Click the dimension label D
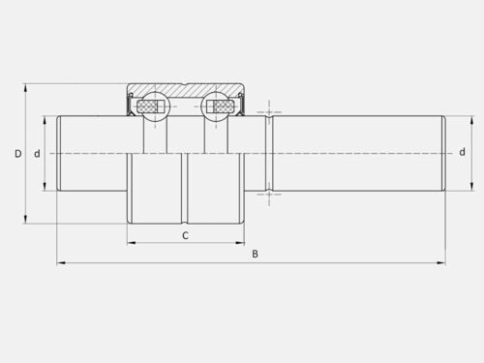click(x=18, y=154)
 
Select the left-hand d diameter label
click(x=38, y=154)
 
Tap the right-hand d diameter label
click(x=463, y=152)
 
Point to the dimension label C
click(x=185, y=235)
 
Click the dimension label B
click(x=255, y=254)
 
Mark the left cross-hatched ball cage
click(x=149, y=106)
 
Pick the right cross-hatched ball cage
click(x=222, y=106)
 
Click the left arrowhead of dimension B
click(x=61, y=263)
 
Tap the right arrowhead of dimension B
click(x=441, y=263)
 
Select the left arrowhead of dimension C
click(x=132, y=243)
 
